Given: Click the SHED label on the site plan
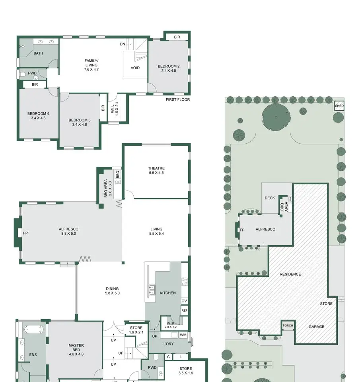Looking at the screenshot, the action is (x=339, y=106).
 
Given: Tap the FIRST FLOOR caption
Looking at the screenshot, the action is (x=178, y=99).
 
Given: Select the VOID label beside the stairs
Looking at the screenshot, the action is (x=135, y=68).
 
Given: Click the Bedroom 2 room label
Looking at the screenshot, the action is (x=169, y=68).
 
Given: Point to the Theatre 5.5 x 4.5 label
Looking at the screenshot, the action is (x=156, y=170).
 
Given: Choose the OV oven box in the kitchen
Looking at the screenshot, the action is (x=185, y=301).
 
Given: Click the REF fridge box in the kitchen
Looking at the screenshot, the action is (x=185, y=310).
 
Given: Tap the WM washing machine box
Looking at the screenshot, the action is (x=183, y=335).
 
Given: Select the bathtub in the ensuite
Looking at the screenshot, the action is (x=33, y=329).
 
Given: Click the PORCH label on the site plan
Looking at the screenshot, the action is (x=288, y=325).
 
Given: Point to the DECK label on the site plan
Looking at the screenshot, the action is (x=270, y=198).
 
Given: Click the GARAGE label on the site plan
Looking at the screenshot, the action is (x=316, y=326).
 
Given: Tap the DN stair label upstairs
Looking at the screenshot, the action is (x=123, y=44).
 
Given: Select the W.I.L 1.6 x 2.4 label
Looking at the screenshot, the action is (x=114, y=109).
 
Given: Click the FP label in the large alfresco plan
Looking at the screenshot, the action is (x=25, y=233).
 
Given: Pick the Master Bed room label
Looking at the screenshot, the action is (x=76, y=350).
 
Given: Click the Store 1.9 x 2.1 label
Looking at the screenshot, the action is (x=136, y=330).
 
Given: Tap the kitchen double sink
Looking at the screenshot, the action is (x=152, y=290).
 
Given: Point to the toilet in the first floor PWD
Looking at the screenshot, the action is (x=22, y=74).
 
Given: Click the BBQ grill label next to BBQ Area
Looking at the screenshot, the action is (x=118, y=174).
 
